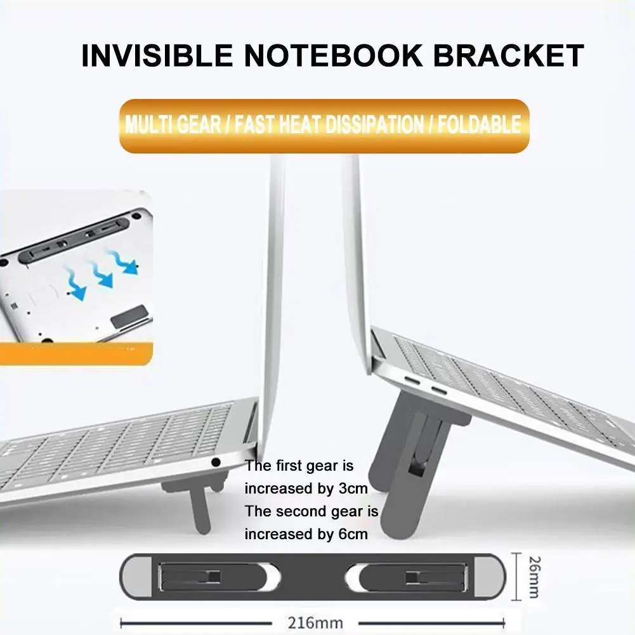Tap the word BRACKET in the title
pos(508,55)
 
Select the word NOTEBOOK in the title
pos(333,55)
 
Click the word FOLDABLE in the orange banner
pos(479,124)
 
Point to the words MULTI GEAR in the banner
pos(173,124)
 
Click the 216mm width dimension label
pos(315,622)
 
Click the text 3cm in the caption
pos(353,488)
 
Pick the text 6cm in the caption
pos(353,534)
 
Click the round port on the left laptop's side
pos(216,462)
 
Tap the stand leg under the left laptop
pos(199,508)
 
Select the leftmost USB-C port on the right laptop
pos(412,381)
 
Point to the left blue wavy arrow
pos(75,284)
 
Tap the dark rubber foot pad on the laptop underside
pos(129,315)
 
